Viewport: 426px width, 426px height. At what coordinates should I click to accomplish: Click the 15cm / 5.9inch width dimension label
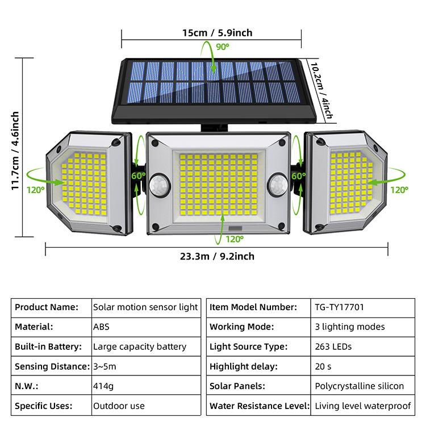click(217, 33)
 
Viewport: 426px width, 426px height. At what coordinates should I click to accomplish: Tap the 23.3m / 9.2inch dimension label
click(217, 256)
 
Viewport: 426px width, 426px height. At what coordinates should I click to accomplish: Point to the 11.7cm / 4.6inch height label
click(15, 151)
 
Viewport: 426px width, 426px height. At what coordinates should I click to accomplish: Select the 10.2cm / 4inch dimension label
click(322, 91)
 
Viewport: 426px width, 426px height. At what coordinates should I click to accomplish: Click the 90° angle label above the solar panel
click(223, 47)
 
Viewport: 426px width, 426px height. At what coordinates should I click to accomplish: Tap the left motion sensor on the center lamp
click(160, 186)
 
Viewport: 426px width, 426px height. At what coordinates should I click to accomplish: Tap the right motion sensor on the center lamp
click(278, 185)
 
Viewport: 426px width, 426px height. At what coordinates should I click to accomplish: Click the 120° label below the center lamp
click(235, 239)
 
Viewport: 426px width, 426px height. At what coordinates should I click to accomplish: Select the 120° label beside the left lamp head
click(35, 190)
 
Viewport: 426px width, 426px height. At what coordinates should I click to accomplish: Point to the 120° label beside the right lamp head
click(399, 190)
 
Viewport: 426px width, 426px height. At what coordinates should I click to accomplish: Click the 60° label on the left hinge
click(138, 176)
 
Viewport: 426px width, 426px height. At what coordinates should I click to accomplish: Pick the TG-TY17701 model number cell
click(339, 307)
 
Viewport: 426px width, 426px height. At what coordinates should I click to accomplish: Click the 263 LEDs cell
click(333, 346)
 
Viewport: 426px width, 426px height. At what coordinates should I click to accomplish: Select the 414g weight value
click(103, 386)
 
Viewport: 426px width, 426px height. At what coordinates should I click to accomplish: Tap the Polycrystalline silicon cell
click(359, 386)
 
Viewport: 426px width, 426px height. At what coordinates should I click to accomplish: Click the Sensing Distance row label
click(52, 366)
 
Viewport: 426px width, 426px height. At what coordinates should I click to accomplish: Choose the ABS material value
click(101, 327)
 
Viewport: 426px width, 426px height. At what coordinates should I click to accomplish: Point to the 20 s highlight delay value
click(323, 366)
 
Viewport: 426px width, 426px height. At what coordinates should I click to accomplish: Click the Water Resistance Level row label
click(260, 406)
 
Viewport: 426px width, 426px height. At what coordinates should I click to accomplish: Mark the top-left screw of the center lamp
click(155, 143)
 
